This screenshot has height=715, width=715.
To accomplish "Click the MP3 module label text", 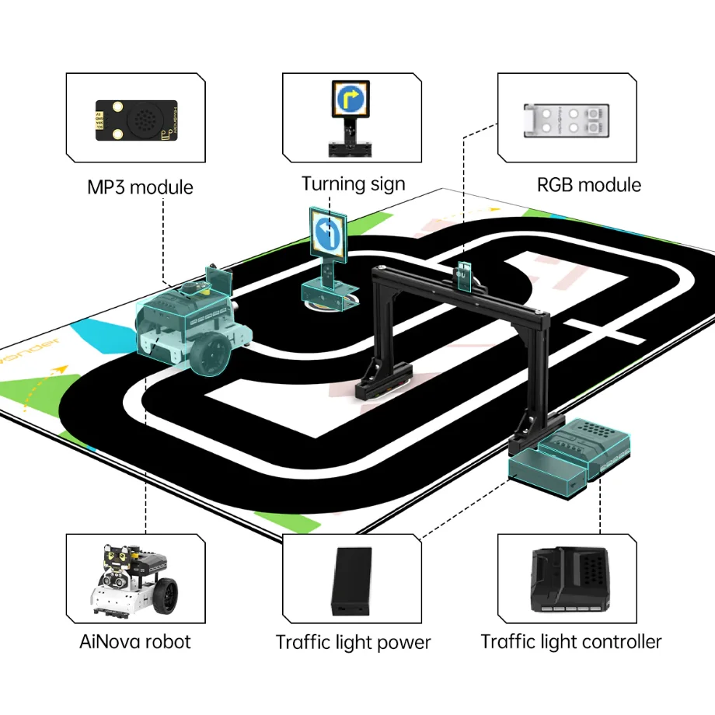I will pos(140,187).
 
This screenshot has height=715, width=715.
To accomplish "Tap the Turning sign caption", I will pos(354,184).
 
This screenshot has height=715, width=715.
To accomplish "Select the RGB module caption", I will pos(589,185).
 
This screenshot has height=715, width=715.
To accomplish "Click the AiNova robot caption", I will pos(135,641).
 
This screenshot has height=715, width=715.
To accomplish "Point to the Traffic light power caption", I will pos(353,643).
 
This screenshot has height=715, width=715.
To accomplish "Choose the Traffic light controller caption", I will pos(571,642).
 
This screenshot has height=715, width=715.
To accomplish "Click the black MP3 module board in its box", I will pos(136,120).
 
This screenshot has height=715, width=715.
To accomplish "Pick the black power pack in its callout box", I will pos(352,581).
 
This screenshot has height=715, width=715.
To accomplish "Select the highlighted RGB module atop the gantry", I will pos(465,276).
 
